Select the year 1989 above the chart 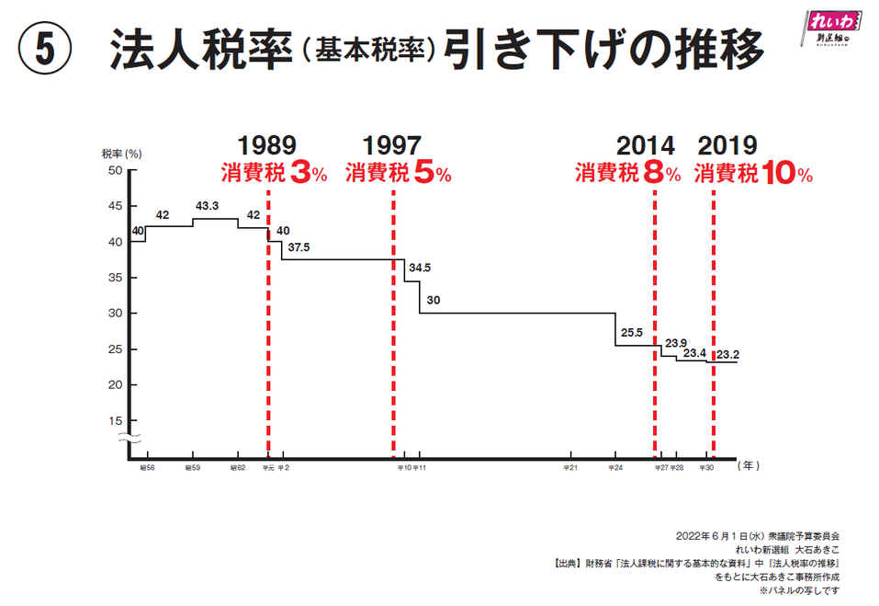point(267,146)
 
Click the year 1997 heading point(392,146)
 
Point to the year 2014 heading point(645,146)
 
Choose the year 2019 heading point(727,146)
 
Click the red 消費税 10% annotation point(753,173)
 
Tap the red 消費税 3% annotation point(273,173)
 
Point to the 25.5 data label point(632,333)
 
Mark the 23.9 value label point(676,343)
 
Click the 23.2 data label point(729,353)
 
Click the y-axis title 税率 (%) point(120,154)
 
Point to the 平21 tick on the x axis point(570,468)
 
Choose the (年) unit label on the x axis point(748,466)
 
